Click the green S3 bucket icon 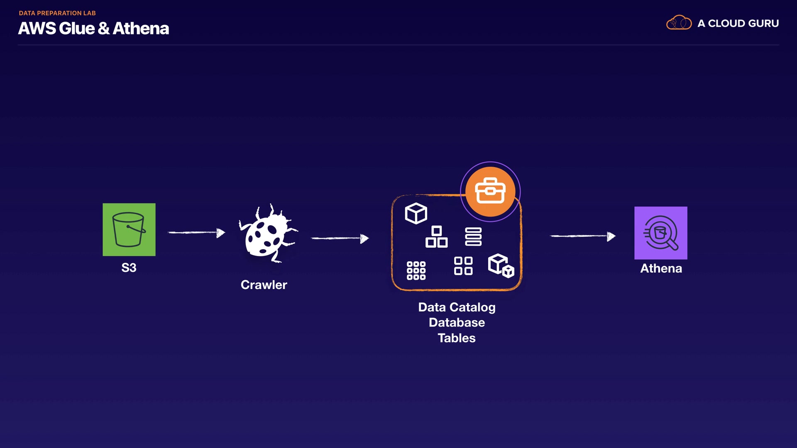129,229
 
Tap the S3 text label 129,268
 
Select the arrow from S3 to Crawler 196,233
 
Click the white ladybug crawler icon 268,234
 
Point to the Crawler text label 264,285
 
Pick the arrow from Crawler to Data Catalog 340,238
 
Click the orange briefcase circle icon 490,192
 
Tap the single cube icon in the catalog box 416,213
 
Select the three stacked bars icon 473,236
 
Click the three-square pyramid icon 436,237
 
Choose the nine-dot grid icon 416,270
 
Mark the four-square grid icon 463,266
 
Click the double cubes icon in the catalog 501,265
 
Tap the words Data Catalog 457,307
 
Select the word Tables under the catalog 457,338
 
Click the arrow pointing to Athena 582,236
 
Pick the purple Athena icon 660,233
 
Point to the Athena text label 661,268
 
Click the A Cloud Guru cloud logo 679,23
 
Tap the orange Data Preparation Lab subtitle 57,13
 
